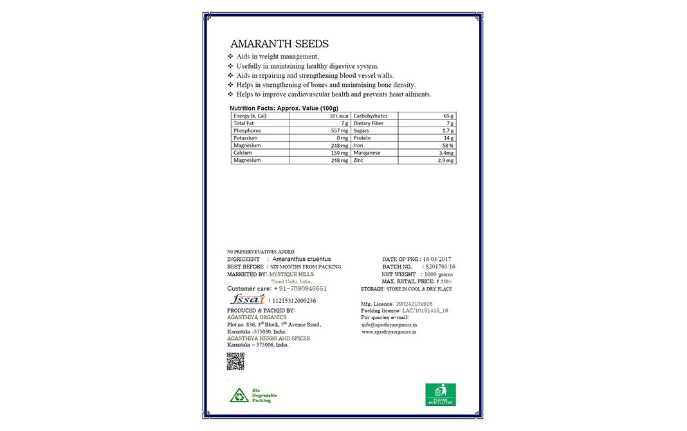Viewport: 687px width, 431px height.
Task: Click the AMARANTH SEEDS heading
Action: tap(279, 44)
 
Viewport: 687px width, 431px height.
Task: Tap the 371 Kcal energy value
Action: tap(338, 116)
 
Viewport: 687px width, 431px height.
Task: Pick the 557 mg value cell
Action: tap(339, 130)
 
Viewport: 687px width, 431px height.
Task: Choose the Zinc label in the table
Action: tap(359, 160)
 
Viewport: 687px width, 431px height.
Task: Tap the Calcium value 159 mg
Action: tap(339, 153)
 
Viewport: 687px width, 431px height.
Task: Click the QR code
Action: tap(236, 362)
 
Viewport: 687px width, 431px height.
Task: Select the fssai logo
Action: tap(245, 299)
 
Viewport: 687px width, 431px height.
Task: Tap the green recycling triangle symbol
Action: tap(237, 395)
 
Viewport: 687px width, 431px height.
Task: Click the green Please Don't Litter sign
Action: tap(440, 393)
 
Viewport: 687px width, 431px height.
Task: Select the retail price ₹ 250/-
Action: tap(444, 281)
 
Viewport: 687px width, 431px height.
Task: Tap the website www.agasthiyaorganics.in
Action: tap(389, 333)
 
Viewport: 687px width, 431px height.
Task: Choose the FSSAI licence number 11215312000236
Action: tap(294, 300)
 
